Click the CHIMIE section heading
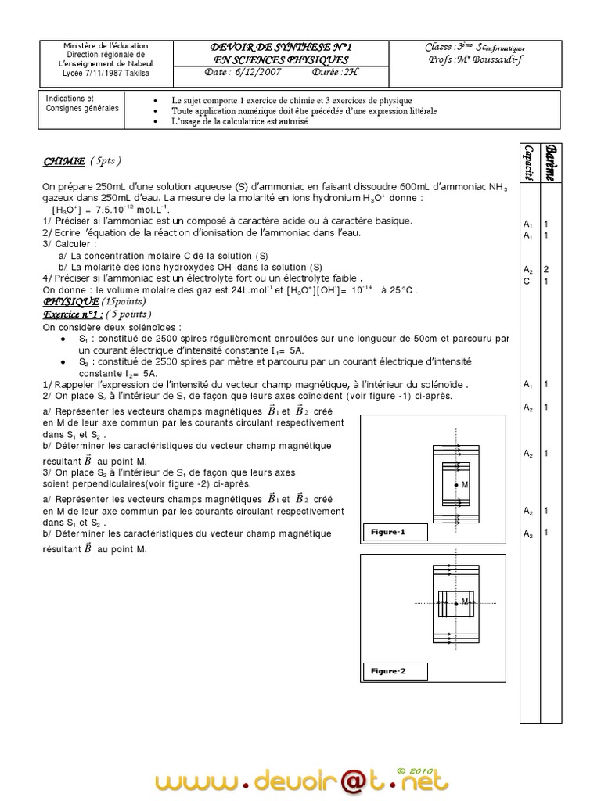tap(63, 161)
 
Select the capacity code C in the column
tap(527, 281)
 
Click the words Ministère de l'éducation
tap(106, 46)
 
